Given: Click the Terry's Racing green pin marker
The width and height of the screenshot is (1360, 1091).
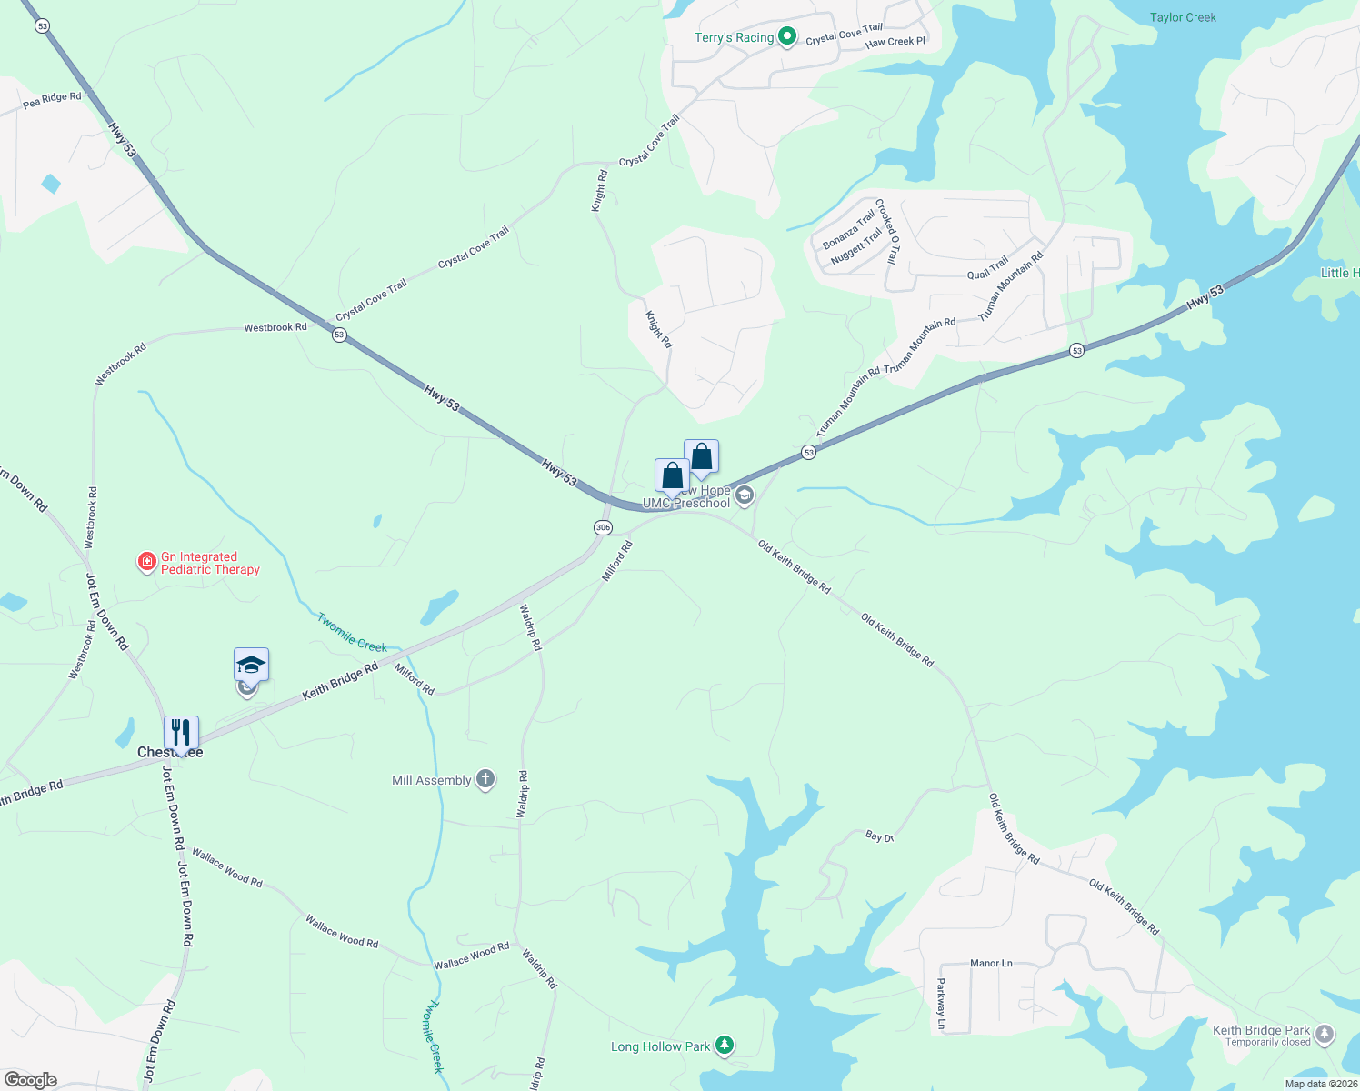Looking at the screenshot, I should point(787,37).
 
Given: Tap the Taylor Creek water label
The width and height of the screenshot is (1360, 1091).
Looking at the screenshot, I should point(1182,17).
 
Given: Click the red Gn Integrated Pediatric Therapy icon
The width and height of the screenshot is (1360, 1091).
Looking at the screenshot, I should point(146,563).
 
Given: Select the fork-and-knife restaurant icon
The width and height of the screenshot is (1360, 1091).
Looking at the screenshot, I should point(181,733).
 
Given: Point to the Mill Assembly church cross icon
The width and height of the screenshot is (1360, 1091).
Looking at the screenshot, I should point(485,779).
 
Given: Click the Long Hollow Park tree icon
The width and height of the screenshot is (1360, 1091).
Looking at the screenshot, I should point(725,1046).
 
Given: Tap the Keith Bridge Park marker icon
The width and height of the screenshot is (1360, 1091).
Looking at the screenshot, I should point(1325,1034).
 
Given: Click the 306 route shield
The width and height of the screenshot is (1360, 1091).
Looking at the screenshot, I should point(603,527).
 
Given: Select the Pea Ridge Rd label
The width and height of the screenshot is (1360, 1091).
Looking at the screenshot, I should point(52,100).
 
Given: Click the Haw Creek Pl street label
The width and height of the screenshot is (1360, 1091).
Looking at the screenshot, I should point(895,42).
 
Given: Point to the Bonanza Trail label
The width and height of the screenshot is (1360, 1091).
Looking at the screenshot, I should point(848,229).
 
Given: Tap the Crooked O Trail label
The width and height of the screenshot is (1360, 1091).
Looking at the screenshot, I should point(887,231).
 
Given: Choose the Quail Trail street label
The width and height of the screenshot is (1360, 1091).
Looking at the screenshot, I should point(987,268).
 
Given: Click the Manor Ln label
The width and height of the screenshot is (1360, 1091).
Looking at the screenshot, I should point(991,963).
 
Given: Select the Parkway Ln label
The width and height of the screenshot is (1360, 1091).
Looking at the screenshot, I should point(941,1004).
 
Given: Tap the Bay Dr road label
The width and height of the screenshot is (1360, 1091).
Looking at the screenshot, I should point(879,836).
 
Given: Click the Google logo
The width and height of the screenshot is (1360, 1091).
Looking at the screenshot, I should point(31,1079).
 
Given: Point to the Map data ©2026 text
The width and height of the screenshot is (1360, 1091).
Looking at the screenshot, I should point(1320,1084).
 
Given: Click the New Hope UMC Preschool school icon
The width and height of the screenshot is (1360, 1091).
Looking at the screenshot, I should point(745,495).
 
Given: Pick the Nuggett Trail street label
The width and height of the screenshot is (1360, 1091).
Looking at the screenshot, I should point(856,246).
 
